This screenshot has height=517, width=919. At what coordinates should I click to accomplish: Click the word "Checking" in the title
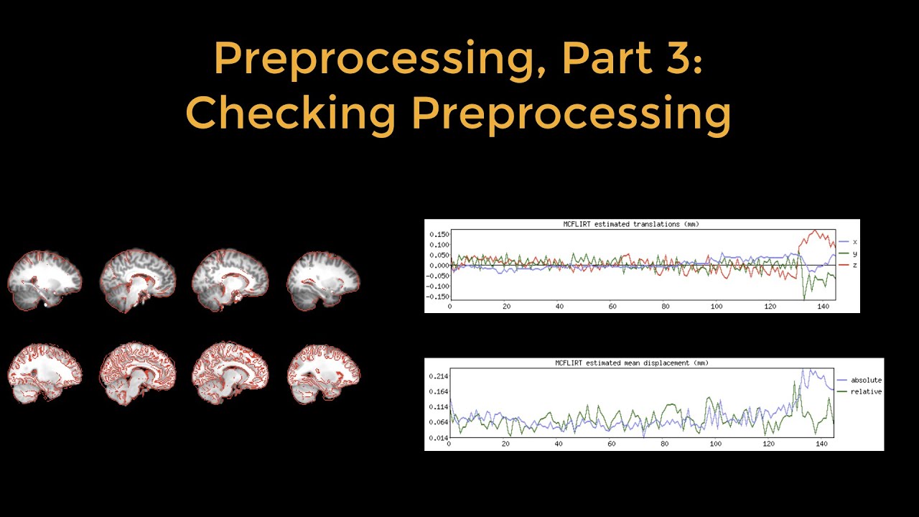291,113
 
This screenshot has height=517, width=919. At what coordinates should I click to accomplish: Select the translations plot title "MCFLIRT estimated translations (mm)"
631,224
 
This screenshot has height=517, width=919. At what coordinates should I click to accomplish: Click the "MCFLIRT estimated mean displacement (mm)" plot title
631,363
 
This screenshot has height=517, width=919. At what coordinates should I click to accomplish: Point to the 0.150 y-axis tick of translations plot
439,234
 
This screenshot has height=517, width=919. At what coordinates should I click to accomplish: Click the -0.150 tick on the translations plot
437,297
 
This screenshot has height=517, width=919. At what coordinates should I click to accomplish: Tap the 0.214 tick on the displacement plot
439,376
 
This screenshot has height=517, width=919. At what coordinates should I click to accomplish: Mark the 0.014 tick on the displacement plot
439,437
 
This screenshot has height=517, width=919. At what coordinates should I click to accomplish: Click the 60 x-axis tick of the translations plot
612,307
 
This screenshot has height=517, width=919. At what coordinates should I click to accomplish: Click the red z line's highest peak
815,230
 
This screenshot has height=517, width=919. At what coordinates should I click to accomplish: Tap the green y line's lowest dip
804,297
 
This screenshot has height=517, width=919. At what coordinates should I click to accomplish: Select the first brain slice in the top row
45,280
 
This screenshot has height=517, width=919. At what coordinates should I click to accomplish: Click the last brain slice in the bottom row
323,373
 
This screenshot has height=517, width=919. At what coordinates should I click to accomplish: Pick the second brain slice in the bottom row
137,373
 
